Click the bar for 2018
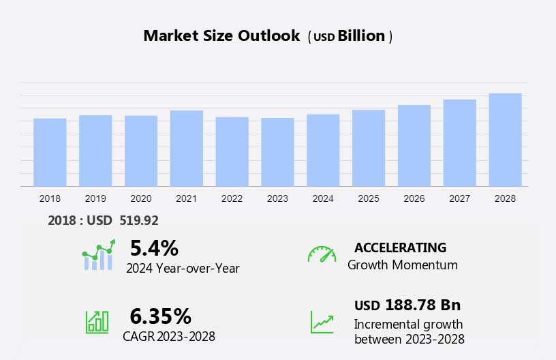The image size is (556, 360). pos(50,152)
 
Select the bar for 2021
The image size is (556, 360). pos(187,148)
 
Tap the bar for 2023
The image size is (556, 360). pos(277,152)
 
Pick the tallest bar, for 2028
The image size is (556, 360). pos(505,140)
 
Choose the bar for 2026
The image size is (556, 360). pos(414,145)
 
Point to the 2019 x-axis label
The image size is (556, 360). pos(95,198)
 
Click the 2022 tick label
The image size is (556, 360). pos(232,198)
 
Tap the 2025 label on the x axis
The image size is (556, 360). pos(369,198)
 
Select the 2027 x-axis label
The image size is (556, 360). pos(460,198)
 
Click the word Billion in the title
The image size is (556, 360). pos(362,36)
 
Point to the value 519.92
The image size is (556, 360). pos(139,220)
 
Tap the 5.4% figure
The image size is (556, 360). pos(154,248)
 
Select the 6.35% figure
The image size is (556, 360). pos(160,316)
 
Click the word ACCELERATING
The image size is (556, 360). pos(400,247)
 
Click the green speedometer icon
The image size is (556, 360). pos(322,254)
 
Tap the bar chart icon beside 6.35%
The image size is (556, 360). pos(97,322)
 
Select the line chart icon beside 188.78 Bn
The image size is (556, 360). pos(322,322)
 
